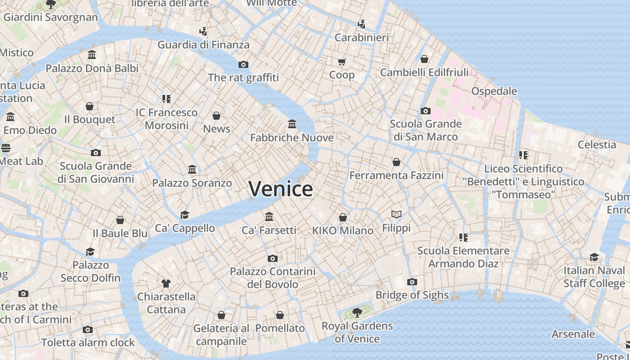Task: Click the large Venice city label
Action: click(x=280, y=189)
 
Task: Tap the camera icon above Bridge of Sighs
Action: click(x=412, y=282)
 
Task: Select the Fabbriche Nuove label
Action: click(x=292, y=138)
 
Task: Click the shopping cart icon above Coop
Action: click(x=342, y=62)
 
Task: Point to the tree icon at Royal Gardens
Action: click(x=357, y=312)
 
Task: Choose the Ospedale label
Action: click(x=494, y=91)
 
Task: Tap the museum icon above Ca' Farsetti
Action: click(x=269, y=217)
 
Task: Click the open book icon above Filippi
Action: click(x=396, y=215)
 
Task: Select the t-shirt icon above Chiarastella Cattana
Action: click(x=166, y=283)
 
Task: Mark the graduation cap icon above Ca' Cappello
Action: click(x=184, y=215)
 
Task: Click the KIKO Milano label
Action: click(x=343, y=230)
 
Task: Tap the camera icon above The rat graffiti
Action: click(x=243, y=64)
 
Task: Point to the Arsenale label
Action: click(x=573, y=334)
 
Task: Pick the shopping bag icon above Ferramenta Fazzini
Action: click(x=396, y=162)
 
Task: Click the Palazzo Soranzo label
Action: click(x=192, y=183)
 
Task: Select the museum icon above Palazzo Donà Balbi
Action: click(x=92, y=55)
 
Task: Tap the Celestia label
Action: click(x=597, y=144)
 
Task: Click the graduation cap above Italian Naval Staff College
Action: click(x=594, y=257)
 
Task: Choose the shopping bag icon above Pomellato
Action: click(x=280, y=315)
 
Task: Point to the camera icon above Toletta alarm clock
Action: click(x=88, y=329)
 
